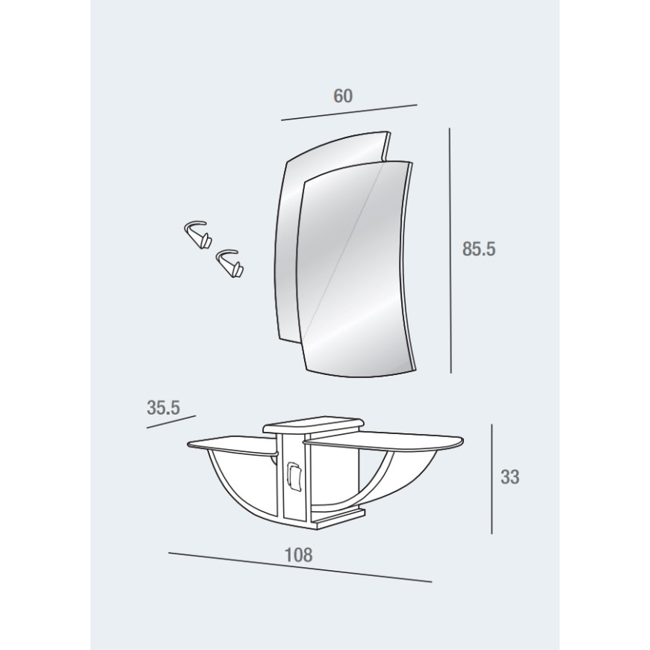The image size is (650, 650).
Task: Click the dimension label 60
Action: (343, 96)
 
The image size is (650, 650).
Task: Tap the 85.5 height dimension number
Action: (479, 249)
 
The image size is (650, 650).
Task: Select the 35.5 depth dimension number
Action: (164, 407)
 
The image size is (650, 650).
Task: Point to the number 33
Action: (510, 477)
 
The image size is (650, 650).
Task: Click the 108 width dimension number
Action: (298, 554)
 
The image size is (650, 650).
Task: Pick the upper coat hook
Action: (197, 235)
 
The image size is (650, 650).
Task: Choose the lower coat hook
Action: (229, 263)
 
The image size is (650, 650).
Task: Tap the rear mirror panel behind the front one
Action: (290, 232)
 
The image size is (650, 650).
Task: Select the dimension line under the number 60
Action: (349, 112)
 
